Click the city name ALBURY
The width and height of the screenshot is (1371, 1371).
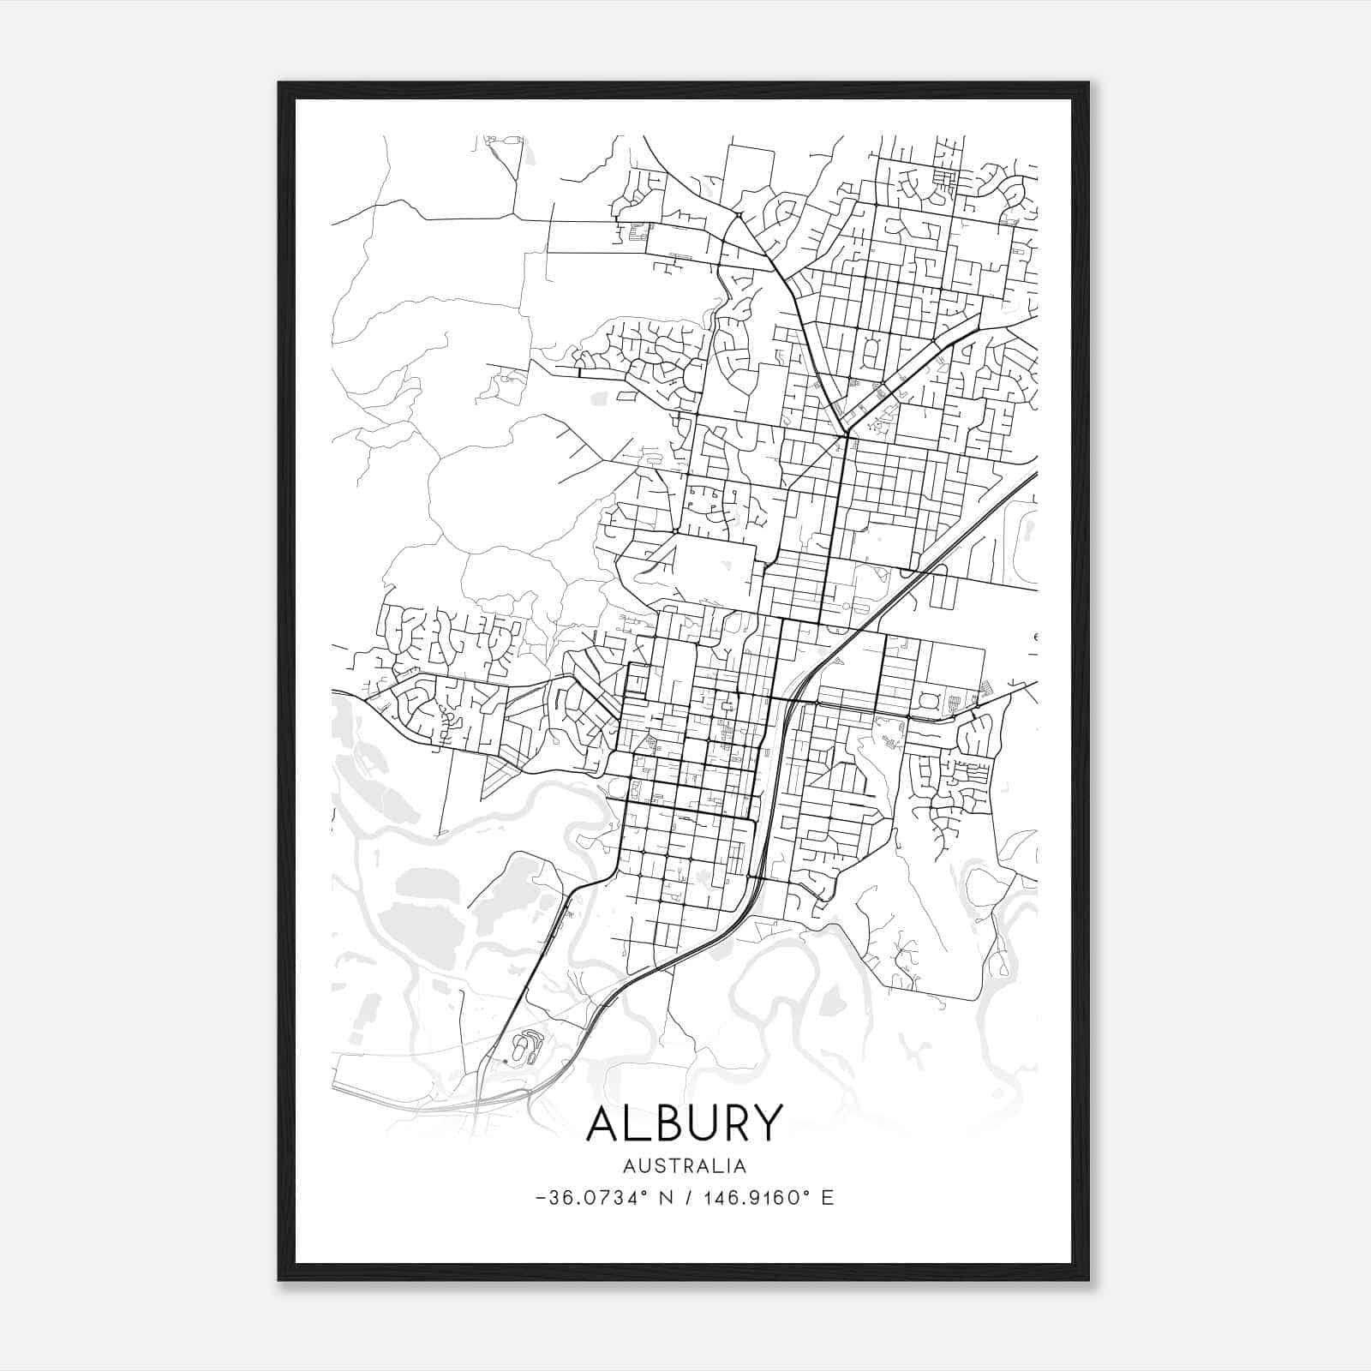point(685,1123)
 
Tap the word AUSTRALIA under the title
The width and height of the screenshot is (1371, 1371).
point(685,1166)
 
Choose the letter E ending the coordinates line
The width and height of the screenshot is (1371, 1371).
point(827,1198)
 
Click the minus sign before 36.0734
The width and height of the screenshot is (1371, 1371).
point(540,1198)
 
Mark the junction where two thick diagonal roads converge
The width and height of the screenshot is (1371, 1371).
point(846,435)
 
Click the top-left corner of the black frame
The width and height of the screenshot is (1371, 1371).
point(280,84)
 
